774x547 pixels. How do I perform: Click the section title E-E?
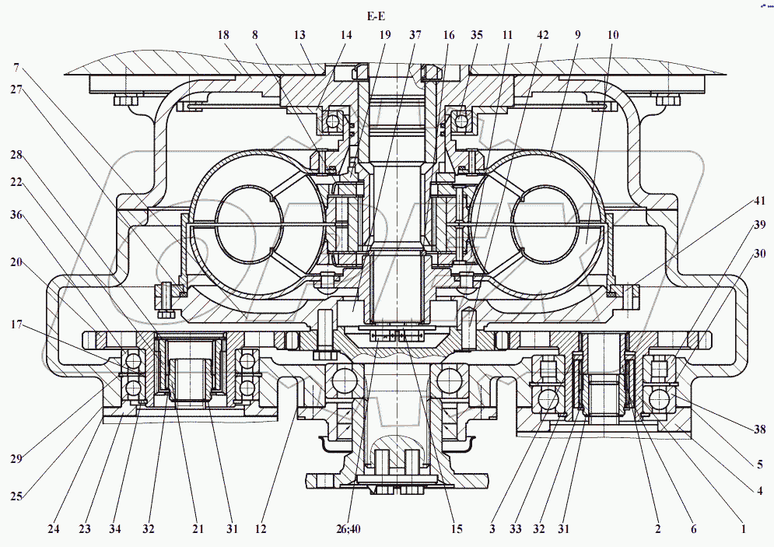click(x=376, y=16)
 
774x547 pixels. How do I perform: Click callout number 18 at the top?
click(x=224, y=35)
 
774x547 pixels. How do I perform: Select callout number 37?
click(x=415, y=35)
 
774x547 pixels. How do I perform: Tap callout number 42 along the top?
click(x=542, y=35)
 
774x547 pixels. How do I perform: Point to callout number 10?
click(x=615, y=35)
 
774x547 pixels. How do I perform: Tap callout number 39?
click(x=758, y=224)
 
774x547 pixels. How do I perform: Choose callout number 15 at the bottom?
click(x=457, y=530)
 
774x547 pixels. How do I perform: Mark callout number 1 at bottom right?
click(x=743, y=530)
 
